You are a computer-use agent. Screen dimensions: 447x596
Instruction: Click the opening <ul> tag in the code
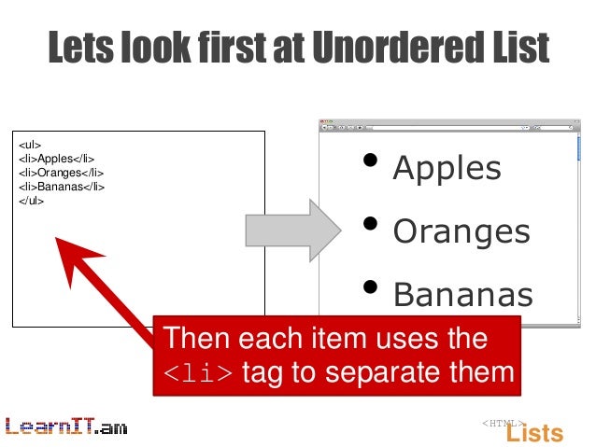[29, 146]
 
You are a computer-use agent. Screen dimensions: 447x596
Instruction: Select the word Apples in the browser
[447, 169]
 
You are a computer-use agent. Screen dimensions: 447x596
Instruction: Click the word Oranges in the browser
[461, 231]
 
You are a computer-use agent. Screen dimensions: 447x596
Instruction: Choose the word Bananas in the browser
[462, 295]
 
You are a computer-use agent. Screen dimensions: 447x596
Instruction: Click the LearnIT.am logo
[65, 427]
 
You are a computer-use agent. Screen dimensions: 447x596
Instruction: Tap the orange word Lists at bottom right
[534, 433]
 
